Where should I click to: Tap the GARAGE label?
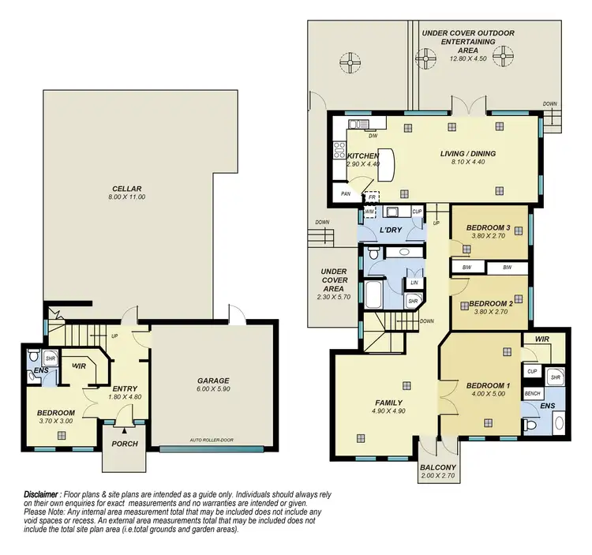(213, 381)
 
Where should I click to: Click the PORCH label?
(125, 444)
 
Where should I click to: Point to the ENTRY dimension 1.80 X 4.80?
(123, 398)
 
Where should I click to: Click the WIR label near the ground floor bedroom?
(79, 366)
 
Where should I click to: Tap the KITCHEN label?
(363, 156)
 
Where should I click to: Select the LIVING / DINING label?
(468, 154)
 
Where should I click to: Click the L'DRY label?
(392, 229)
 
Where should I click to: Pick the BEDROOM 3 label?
(489, 228)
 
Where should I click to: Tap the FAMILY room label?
(388, 403)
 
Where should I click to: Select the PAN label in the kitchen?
(345, 193)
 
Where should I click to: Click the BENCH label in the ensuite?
(532, 393)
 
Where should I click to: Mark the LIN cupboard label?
(413, 283)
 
